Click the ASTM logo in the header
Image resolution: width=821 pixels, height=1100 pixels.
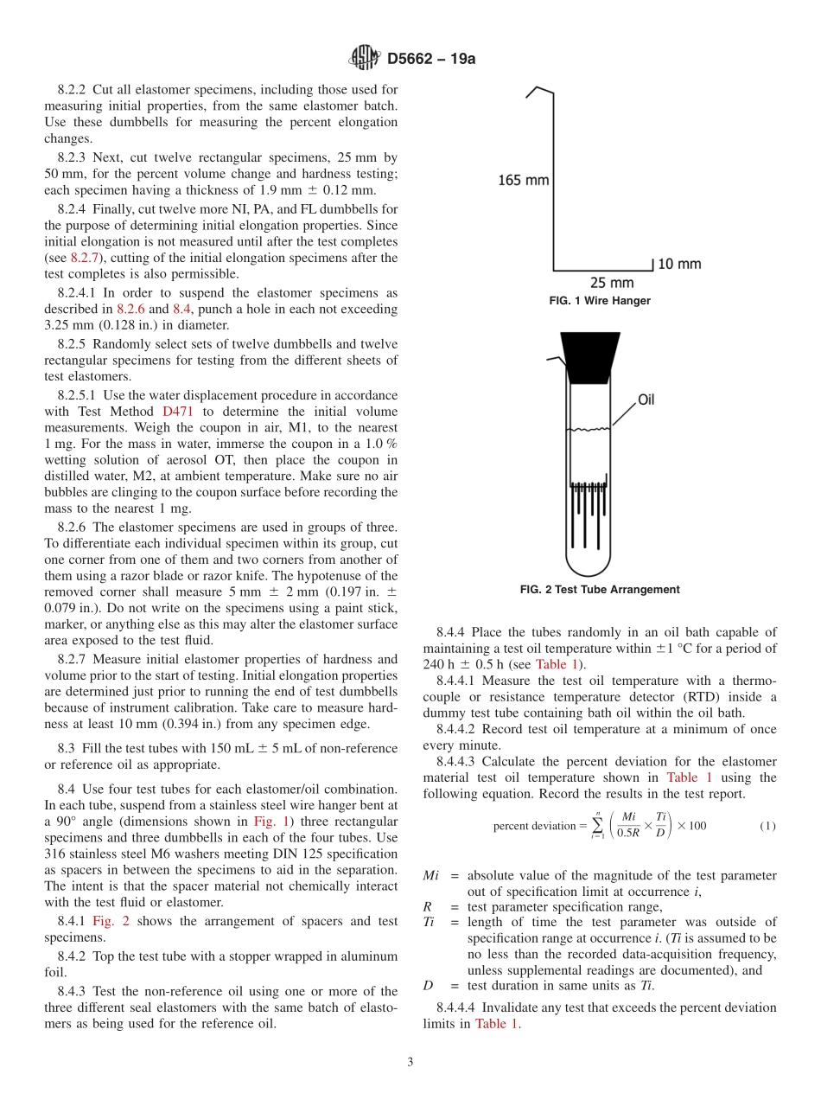pos(364,58)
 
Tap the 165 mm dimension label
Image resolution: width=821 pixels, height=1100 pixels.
pos(524,180)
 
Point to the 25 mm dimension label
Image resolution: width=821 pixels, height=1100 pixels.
pos(612,283)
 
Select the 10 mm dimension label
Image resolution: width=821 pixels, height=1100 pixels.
pos(679,264)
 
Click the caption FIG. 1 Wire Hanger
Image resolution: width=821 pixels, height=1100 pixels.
pos(600,301)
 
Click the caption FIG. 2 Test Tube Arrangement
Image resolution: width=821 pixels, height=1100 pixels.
pos(600,590)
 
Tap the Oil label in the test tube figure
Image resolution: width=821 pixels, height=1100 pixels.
pos(646,400)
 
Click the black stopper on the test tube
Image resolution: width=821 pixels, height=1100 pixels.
pos(590,356)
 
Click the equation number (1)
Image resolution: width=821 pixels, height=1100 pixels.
pos(767,826)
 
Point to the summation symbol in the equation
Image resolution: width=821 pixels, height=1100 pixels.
pos(597,826)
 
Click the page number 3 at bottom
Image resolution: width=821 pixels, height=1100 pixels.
pos(410,1062)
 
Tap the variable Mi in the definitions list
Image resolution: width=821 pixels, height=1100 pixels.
pos(431,876)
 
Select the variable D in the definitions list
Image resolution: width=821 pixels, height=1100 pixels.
pos(428,985)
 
